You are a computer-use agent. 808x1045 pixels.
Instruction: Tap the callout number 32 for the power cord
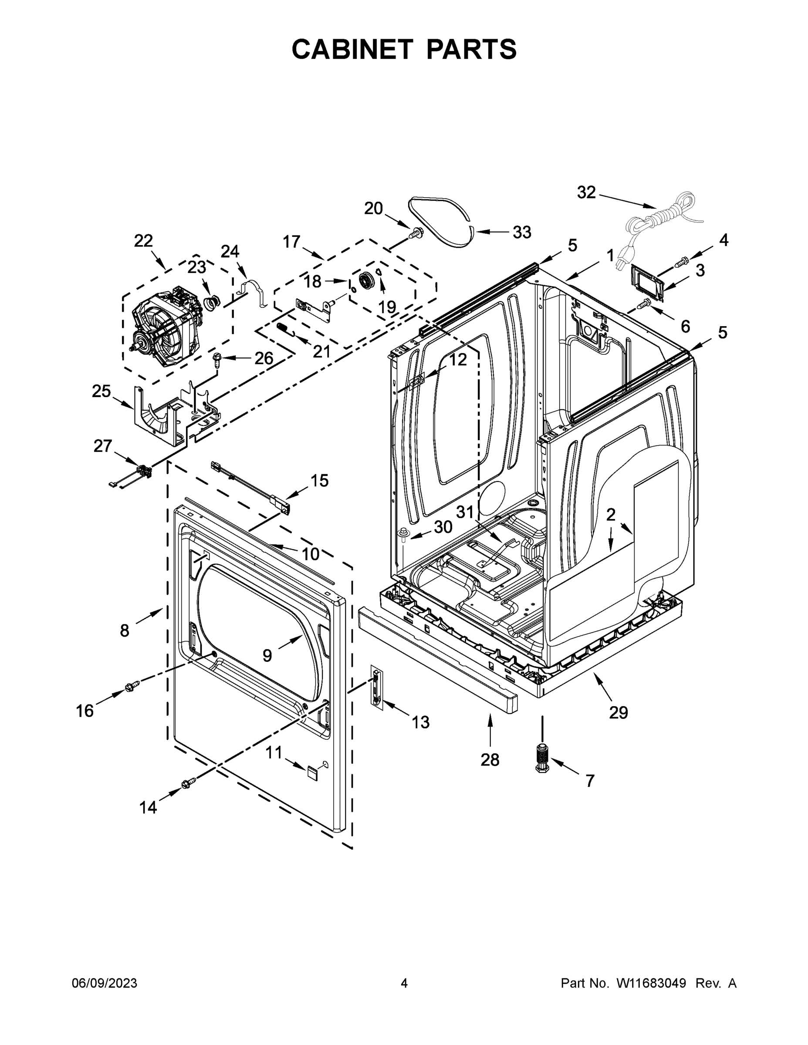coord(586,192)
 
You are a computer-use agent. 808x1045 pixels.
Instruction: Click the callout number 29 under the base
coord(618,713)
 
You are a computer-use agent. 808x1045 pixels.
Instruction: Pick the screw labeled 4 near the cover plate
coord(683,261)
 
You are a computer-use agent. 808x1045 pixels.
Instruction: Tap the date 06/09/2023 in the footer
coord(105,983)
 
